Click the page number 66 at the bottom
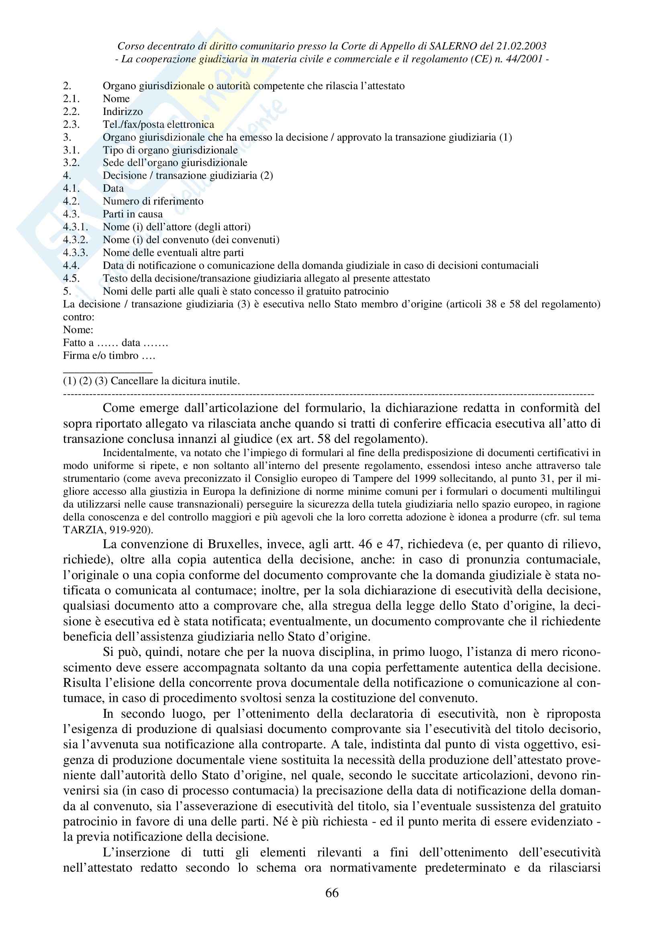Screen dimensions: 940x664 [332, 893]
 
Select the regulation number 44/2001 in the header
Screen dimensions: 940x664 [524, 59]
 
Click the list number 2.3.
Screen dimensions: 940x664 [71, 125]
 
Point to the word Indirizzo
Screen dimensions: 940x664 [123, 112]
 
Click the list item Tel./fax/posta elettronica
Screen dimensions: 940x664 [158, 125]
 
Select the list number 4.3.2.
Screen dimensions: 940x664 [75, 240]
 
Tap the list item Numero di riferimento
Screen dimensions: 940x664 [153, 201]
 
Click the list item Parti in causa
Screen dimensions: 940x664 [133, 214]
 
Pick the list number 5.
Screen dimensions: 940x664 [67, 291]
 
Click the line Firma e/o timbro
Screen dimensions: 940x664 [109, 355]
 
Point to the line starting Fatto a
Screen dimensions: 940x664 [115, 343]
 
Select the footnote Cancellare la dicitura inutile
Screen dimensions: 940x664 [175, 381]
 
